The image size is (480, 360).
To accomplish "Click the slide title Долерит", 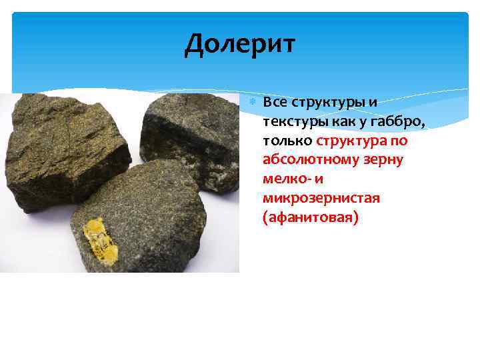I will click(240, 45).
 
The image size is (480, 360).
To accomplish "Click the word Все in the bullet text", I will click(275, 103).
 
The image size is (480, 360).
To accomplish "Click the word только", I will click(288, 141).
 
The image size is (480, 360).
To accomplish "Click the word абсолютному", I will click(307, 160).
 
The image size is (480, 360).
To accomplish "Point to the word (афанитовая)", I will click(311, 218).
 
